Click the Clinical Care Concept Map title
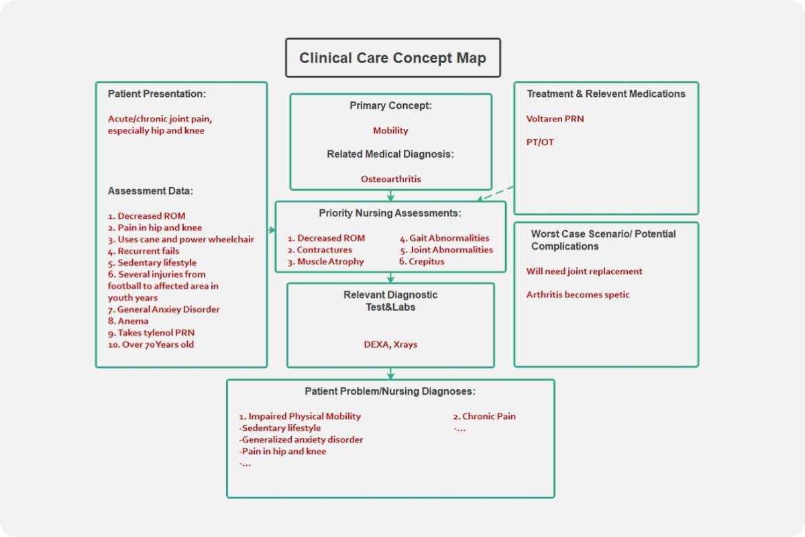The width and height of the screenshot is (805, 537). click(392, 58)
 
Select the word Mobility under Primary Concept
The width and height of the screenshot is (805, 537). click(390, 131)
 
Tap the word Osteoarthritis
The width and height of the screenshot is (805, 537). click(390, 179)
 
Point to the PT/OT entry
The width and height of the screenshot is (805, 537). click(540, 142)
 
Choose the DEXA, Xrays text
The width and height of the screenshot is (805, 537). click(390, 344)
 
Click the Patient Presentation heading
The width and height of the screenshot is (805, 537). click(157, 94)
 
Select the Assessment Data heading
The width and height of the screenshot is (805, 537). click(150, 191)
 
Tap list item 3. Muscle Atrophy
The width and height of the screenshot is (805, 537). click(326, 262)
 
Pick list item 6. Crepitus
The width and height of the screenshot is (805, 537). click(422, 262)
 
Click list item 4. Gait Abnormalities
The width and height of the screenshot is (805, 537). click(445, 238)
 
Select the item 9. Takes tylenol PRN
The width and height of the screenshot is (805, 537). click(151, 333)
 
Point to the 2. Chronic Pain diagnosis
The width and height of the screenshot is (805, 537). click(484, 416)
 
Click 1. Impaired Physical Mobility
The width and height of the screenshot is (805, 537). click(300, 416)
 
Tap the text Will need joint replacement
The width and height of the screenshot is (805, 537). click(584, 271)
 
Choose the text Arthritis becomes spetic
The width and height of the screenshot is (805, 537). click(578, 295)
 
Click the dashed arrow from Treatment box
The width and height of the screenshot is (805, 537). click(496, 193)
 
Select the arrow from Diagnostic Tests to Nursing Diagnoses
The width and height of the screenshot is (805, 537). click(390, 373)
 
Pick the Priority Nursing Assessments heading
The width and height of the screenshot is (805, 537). click(390, 213)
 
